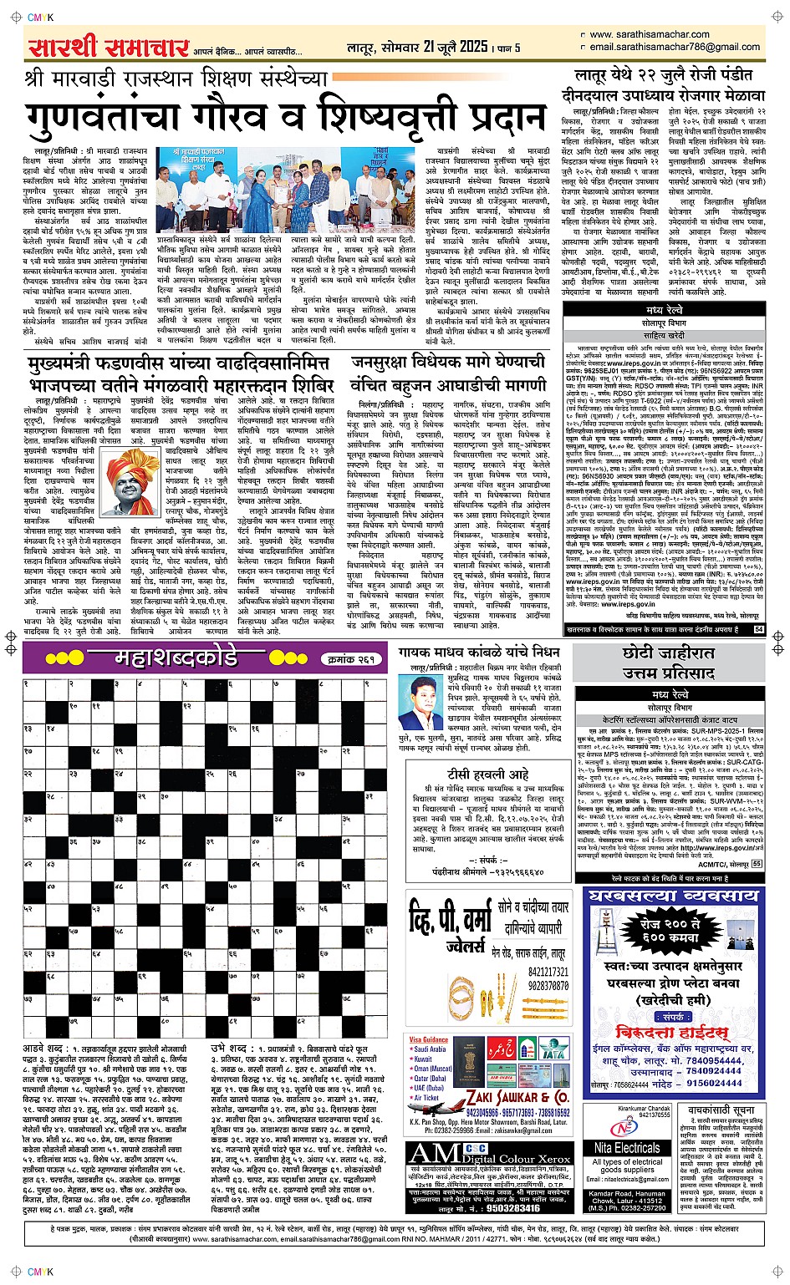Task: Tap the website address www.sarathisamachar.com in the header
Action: (650, 34)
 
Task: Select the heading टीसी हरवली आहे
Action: (487, 774)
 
